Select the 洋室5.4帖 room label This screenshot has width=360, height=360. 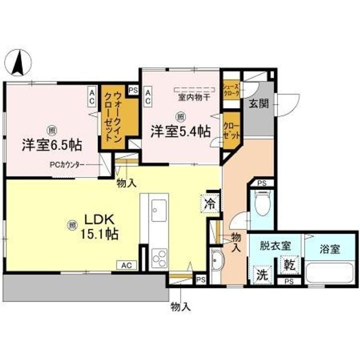180,131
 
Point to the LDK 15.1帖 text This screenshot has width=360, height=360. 99,226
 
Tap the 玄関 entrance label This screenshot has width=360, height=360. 258,104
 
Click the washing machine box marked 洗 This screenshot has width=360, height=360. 262,274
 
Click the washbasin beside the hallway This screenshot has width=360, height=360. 216,261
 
